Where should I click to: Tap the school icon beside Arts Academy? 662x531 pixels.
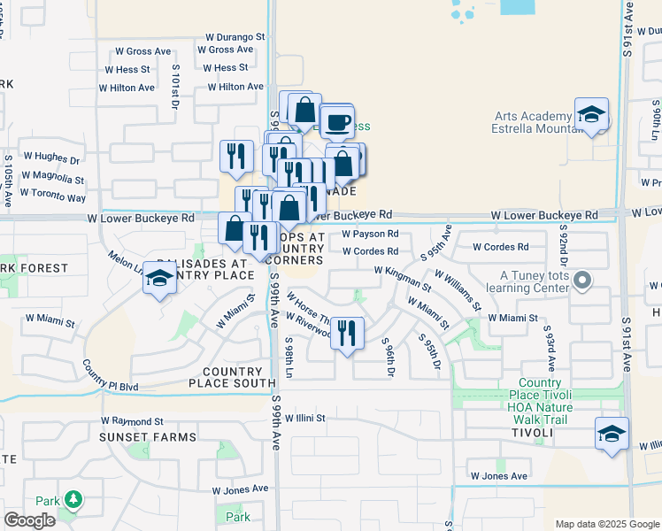click(591, 115)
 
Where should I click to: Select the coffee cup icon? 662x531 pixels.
click(336, 122)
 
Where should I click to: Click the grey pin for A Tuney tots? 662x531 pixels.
click(581, 281)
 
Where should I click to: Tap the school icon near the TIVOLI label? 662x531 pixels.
click(612, 435)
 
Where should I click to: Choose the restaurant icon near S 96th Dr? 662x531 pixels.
click(347, 333)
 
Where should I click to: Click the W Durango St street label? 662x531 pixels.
click(235, 37)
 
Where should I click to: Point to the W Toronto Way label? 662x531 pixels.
click(53, 197)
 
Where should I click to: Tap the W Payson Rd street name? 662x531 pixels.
click(370, 234)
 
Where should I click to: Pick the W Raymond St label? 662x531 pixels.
click(132, 421)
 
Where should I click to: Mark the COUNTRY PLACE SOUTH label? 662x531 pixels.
click(233, 378)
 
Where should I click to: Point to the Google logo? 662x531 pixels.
click(30, 521)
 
